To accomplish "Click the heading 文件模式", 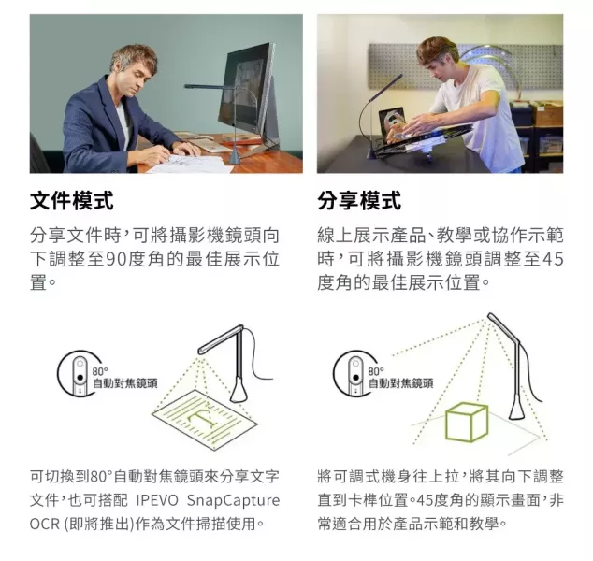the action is pos(71,200).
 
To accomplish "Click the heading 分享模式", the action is pos(359,200).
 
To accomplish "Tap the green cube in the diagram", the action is pos(467,423).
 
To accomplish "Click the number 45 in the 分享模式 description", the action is pos(553,259).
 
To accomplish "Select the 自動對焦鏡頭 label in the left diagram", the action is pos(125,383).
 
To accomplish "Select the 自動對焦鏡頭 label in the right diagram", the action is pos(401,383).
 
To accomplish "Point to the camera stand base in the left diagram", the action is pos(239,391).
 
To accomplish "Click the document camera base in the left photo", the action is pos(235,155).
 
